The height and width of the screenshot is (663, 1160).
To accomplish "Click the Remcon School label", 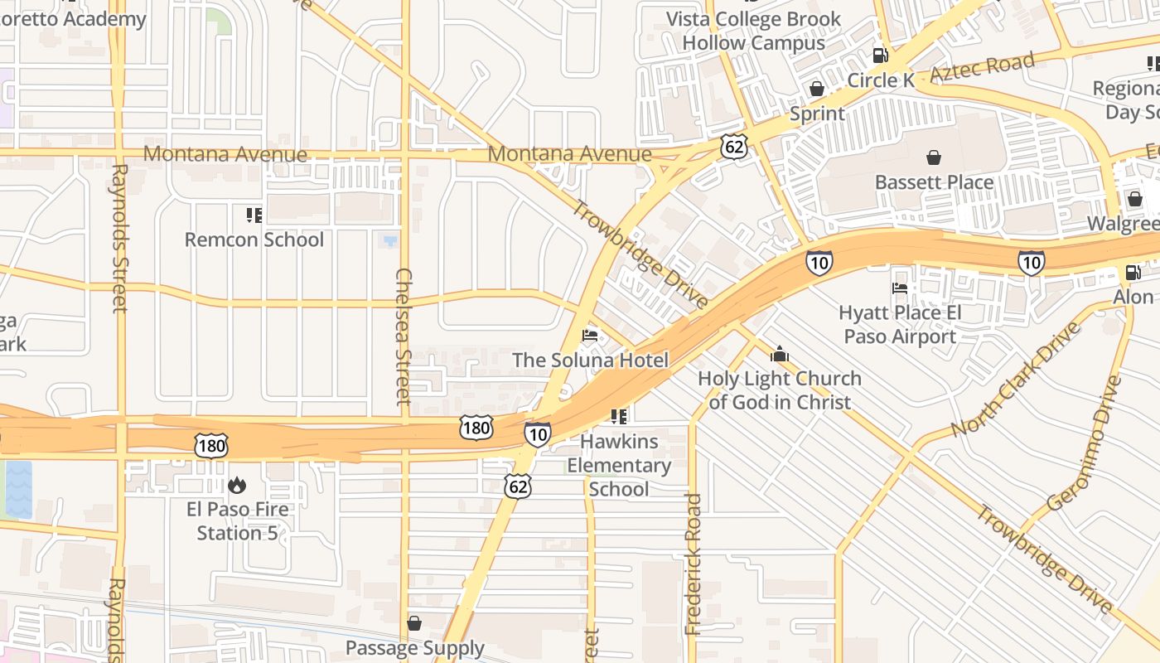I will coord(254,240).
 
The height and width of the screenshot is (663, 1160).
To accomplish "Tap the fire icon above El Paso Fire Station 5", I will coord(237,485).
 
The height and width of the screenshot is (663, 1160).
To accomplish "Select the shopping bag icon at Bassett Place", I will coord(934,157).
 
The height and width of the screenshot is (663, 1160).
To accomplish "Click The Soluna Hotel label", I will coord(590,360).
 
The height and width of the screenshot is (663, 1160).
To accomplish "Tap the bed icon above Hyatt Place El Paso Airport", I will coord(900,288).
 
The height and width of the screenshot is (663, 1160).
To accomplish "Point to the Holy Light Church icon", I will coord(780,355).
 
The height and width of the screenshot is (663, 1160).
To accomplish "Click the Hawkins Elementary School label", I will coord(619,465).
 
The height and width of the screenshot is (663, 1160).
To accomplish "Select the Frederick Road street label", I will coord(694,564).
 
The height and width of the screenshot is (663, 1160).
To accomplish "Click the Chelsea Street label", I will coord(404,336).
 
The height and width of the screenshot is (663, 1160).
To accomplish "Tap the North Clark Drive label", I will coord(1016,378).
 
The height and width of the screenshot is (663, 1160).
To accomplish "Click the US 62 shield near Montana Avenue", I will coord(734,147).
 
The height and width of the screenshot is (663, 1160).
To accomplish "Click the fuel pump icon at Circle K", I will coord(880,56).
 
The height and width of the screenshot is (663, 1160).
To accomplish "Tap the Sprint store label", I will coord(817,114).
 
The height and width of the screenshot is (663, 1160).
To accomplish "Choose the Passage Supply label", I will coord(415,647).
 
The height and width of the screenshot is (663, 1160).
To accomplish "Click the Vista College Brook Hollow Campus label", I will coord(753,31).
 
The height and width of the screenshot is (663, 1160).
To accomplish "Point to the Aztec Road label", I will coord(983,67).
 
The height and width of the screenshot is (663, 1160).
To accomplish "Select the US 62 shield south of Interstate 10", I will coord(518,486).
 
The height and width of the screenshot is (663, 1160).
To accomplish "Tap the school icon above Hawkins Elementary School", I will coord(619,416).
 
